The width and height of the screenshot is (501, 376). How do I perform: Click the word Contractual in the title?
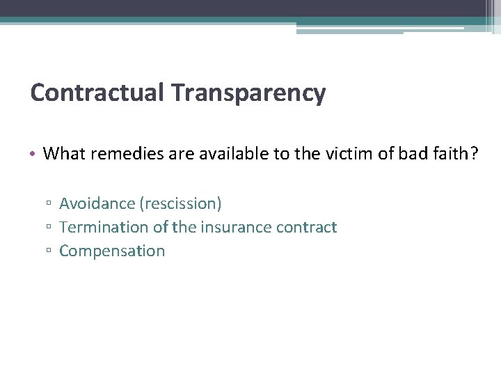tap(95, 93)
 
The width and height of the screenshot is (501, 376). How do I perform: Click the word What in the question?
tap(63, 153)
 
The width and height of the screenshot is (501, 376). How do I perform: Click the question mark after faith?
tap(474, 153)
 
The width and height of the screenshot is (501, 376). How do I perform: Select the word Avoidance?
tap(97, 203)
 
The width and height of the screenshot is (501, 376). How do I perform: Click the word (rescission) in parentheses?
tap(180, 203)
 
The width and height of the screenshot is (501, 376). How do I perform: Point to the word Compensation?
tap(112, 251)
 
